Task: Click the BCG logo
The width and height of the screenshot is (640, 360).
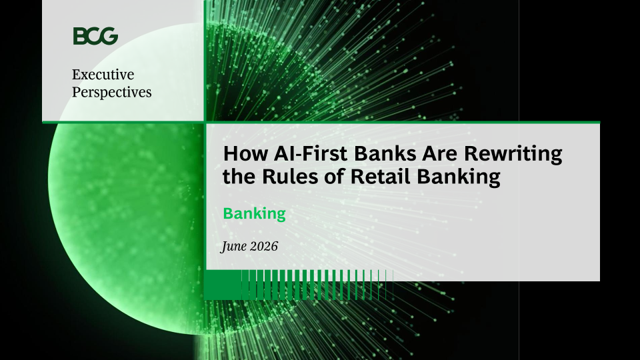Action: pyautogui.click(x=95, y=36)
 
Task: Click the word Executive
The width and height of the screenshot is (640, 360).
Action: pyautogui.click(x=103, y=74)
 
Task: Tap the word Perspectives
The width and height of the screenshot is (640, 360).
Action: pyautogui.click(x=112, y=92)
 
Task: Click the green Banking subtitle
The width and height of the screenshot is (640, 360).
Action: pyautogui.click(x=254, y=213)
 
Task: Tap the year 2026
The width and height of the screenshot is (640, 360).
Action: pyautogui.click(x=264, y=246)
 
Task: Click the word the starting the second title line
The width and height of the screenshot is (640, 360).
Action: pyautogui.click(x=239, y=177)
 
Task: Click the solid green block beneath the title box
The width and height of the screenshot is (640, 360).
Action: pyautogui.click(x=223, y=285)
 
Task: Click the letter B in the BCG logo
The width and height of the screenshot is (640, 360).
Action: pyautogui.click(x=79, y=36)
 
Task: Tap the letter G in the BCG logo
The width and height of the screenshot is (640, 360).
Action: pyautogui.click(x=109, y=36)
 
